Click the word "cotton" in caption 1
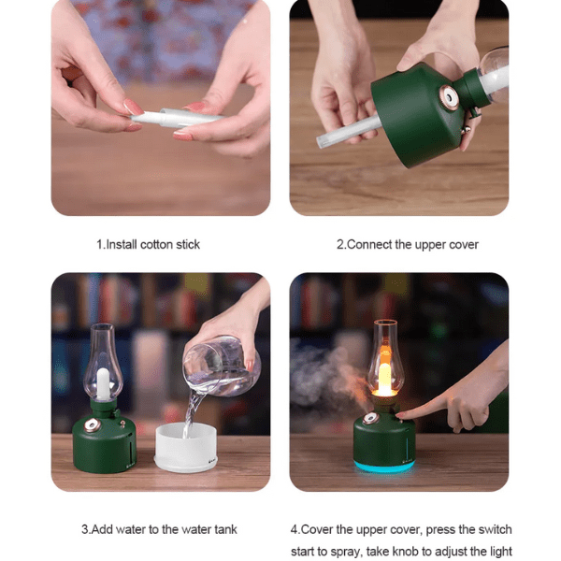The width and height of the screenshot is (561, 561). tap(156, 245)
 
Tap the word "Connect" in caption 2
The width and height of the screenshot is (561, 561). tap(369, 245)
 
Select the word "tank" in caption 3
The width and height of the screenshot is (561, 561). tap(225, 529)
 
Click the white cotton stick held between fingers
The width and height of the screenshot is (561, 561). tap(176, 118)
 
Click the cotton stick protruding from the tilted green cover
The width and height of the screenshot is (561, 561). tap(349, 132)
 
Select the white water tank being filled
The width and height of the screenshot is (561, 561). tap(186, 447)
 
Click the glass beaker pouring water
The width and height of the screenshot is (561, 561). tap(221, 366)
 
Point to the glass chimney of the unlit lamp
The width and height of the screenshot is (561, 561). tap(103, 362)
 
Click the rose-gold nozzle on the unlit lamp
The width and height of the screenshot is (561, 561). tap(92, 425)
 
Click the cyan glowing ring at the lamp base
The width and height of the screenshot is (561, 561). tap(384, 467)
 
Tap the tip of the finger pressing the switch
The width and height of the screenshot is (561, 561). tap(398, 415)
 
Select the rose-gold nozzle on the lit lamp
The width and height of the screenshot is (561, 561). tap(370, 418)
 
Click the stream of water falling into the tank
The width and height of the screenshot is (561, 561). tap(192, 411)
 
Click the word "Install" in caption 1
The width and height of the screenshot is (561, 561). tap(122, 245)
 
